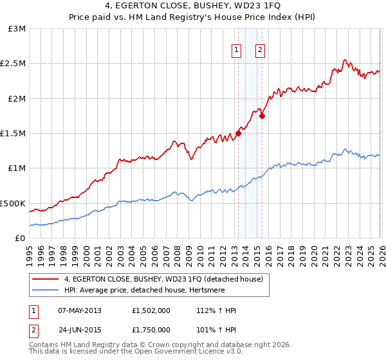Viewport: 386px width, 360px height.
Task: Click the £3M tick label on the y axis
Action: coord(17,29)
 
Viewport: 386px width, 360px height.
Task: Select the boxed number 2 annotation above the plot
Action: coord(260,50)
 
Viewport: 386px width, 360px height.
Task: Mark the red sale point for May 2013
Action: coord(238,134)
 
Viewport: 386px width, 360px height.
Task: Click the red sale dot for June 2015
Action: coord(262,116)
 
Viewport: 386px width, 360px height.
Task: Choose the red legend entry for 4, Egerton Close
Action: coord(163,280)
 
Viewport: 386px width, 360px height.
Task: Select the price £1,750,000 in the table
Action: coord(152,329)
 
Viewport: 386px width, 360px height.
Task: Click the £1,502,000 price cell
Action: coord(152,310)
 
